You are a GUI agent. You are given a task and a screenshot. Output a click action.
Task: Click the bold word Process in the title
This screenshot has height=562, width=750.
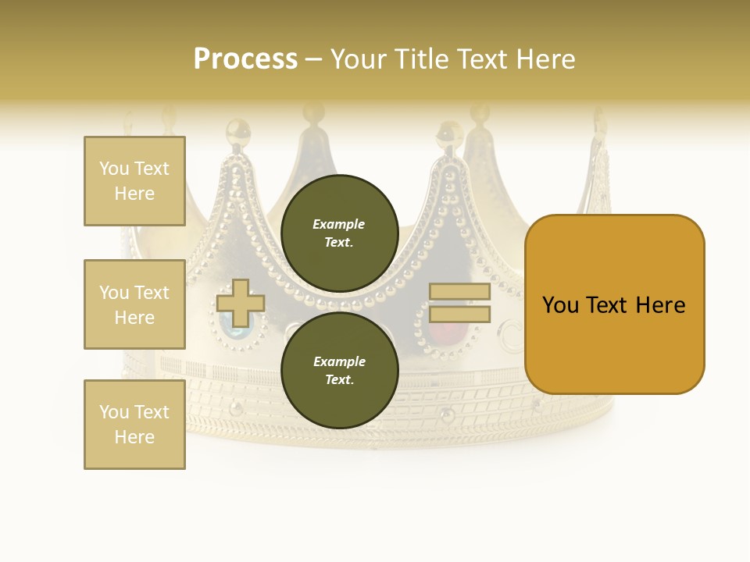click(x=245, y=59)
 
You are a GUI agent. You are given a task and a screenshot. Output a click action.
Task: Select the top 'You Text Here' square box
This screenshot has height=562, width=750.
click(x=134, y=181)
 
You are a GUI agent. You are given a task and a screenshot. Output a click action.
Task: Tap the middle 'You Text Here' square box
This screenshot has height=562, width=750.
click(x=134, y=304)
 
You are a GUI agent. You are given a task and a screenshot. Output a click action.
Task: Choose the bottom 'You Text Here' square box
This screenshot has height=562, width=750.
click(x=134, y=425)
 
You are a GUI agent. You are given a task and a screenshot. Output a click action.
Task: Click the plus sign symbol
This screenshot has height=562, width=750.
click(x=239, y=303)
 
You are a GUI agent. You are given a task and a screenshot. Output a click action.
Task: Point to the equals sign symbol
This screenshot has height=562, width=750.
click(x=459, y=303)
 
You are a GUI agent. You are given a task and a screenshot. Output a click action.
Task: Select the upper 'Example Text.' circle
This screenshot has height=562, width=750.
click(x=340, y=233)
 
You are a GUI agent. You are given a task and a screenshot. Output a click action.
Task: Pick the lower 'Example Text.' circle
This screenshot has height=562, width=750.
click(x=340, y=371)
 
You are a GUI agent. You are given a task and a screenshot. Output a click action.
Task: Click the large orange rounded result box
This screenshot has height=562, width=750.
click(x=614, y=304)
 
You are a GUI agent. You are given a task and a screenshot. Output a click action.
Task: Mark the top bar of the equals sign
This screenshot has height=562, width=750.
click(x=459, y=292)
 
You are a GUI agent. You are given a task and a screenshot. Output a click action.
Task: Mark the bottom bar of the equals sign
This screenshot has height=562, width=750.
click(x=459, y=314)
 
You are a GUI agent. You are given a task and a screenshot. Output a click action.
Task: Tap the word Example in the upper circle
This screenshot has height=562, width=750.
click(x=338, y=224)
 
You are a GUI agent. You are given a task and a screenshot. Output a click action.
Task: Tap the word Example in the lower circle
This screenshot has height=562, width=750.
click(x=338, y=361)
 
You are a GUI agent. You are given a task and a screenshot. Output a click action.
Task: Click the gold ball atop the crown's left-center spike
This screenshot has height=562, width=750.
click(x=237, y=128)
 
